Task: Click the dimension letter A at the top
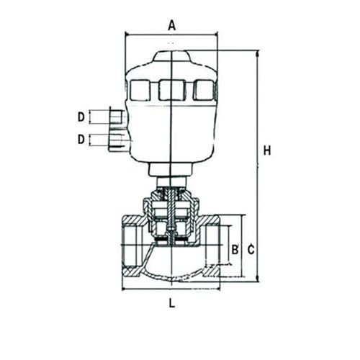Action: pos(171,25)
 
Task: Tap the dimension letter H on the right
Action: pos(267,150)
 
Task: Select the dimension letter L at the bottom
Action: pos(171,303)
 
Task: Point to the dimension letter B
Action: pos(235,249)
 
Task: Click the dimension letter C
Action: pos(251,250)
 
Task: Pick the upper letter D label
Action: pos(81,117)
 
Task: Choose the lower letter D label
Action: pos(81,139)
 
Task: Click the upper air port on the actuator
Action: pos(117,116)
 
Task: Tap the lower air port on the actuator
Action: pos(117,142)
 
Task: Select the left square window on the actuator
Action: pos(140,90)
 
